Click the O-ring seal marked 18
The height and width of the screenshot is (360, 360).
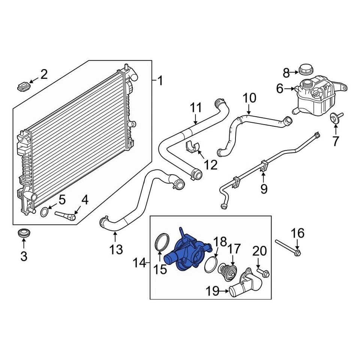211,264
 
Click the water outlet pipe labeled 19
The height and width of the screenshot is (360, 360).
246,286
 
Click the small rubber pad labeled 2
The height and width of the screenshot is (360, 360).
23,87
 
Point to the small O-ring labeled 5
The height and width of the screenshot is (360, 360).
44,212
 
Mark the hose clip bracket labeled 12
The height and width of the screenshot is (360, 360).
192,147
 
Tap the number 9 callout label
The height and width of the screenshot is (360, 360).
264,189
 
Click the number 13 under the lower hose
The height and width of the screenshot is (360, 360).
116,249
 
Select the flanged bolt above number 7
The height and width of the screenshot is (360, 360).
335,117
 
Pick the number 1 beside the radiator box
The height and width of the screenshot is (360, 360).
160,81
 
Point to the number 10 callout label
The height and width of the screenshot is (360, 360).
249,98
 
